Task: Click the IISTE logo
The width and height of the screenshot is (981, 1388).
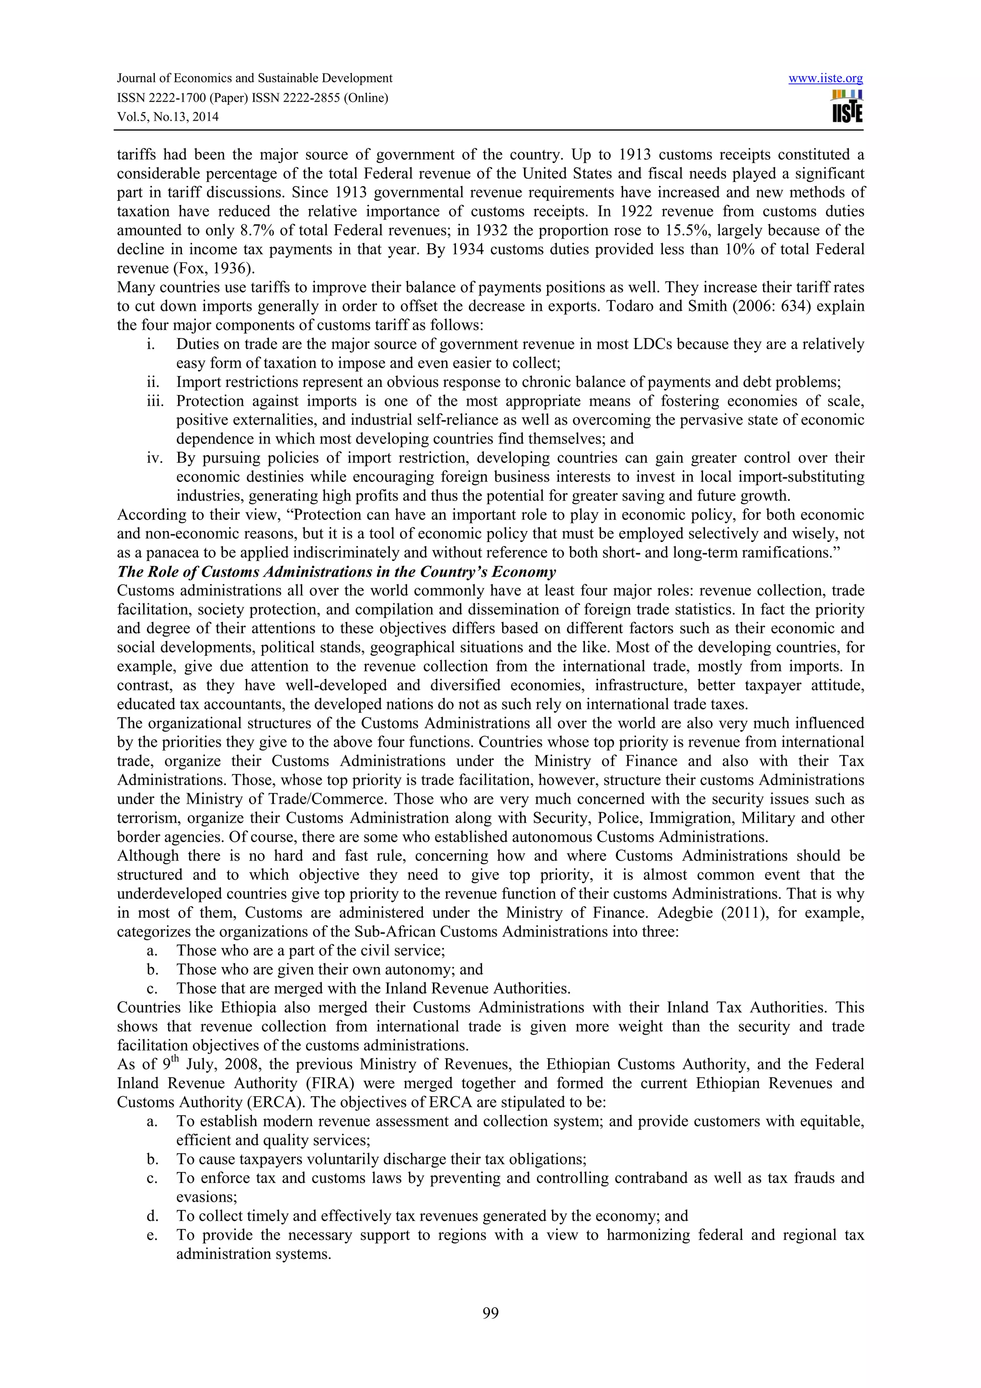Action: (x=847, y=107)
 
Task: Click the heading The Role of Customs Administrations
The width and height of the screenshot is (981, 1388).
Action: (x=336, y=572)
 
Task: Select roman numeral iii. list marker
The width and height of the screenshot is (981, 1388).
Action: (x=155, y=401)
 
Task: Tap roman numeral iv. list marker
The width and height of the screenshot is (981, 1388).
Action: (x=155, y=457)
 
